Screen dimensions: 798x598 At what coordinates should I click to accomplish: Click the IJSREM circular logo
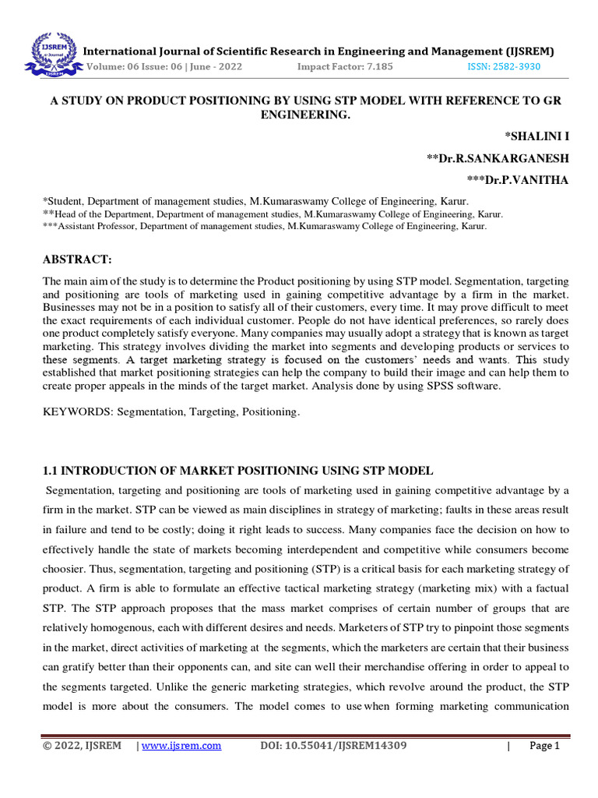click(52, 51)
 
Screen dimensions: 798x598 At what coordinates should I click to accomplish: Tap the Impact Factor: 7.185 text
click(345, 67)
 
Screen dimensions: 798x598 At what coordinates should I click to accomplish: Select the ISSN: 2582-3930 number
click(503, 67)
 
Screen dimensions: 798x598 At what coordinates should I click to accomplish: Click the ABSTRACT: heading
click(77, 259)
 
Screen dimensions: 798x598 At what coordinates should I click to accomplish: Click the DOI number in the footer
click(332, 746)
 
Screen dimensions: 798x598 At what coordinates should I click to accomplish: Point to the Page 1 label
click(544, 746)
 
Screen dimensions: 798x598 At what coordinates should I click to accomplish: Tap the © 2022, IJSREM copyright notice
click(82, 746)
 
